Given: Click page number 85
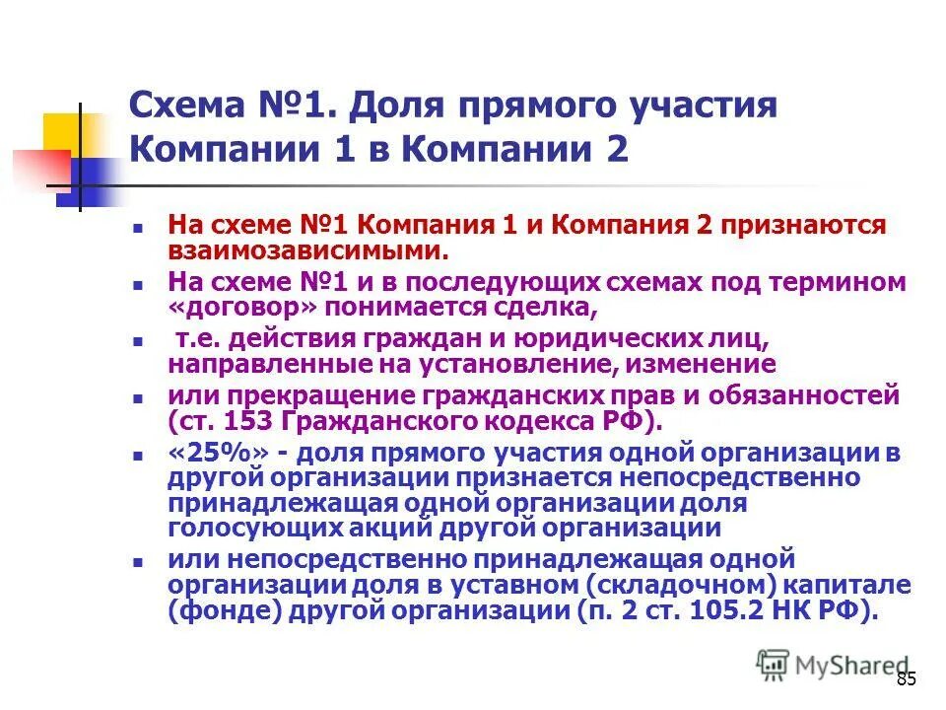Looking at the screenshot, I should coord(907,678).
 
